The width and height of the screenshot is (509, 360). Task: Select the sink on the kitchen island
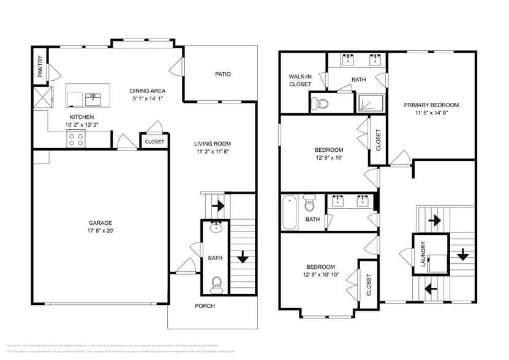point(94,97)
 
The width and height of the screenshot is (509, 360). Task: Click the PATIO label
point(222,74)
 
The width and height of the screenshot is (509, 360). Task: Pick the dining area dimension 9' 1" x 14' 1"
point(148,99)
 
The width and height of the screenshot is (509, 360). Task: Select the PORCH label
point(205,306)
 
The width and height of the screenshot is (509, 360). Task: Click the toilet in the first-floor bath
point(216,283)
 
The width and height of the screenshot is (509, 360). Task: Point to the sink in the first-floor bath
point(215,229)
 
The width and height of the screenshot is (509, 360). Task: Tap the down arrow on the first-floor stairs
point(243,257)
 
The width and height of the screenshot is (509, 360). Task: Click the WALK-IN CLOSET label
point(300,80)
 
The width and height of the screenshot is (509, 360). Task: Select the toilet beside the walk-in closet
point(319,103)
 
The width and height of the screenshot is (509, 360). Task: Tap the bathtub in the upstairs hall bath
point(289,211)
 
